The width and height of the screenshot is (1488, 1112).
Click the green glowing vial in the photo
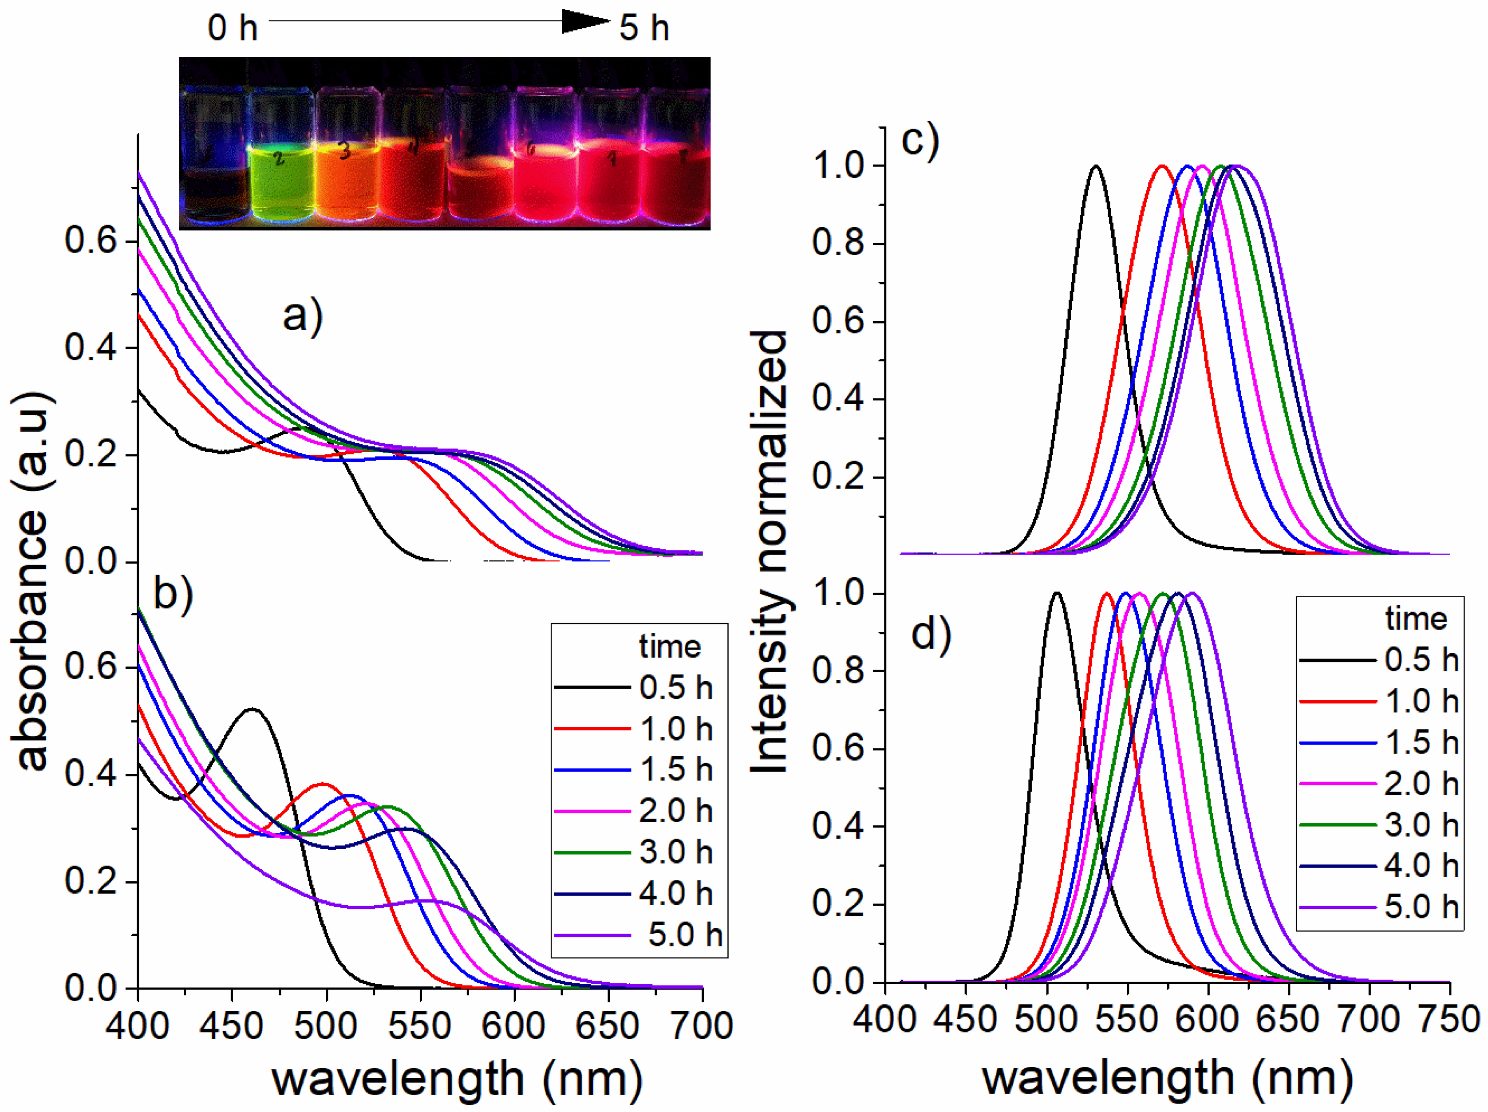(281, 181)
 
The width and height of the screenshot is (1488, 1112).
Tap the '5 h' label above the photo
(644, 28)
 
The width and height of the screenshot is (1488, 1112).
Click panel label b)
(173, 593)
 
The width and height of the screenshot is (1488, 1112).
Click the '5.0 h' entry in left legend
(684, 935)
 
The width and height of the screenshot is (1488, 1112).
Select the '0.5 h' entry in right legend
(1421, 660)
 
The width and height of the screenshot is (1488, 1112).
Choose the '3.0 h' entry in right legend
(1421, 825)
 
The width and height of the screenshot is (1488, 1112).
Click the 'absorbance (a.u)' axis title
(32, 579)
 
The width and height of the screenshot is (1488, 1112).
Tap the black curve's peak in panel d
(1056, 593)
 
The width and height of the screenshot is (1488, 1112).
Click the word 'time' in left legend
(669, 647)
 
